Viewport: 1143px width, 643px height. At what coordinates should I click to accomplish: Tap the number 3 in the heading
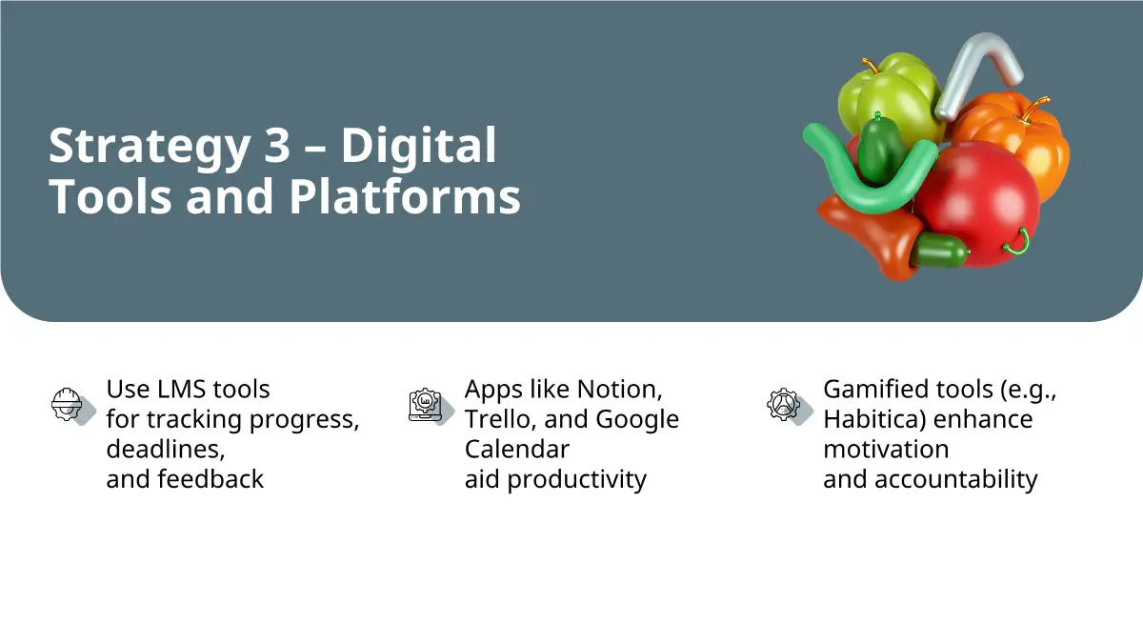click(277, 145)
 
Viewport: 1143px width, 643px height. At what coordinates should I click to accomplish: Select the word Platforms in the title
click(405, 197)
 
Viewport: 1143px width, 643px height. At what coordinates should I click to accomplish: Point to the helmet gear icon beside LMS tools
click(72, 405)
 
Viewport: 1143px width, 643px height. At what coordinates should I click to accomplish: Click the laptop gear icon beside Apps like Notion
click(431, 406)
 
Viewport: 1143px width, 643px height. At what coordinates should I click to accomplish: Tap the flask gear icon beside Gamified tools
click(790, 406)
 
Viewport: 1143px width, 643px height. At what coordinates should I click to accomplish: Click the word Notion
click(619, 390)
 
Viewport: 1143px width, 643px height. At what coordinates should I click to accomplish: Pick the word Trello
click(501, 419)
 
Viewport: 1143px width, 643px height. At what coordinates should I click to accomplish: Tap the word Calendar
click(517, 450)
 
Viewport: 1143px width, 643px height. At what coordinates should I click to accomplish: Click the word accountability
click(955, 480)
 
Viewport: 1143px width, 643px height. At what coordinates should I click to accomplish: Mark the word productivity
click(576, 480)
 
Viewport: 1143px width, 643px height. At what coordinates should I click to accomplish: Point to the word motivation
click(886, 450)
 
